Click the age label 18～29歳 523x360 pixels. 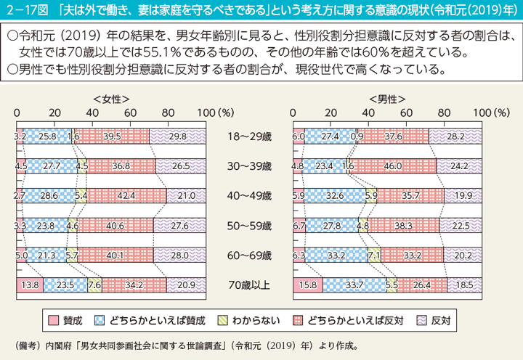[249, 136]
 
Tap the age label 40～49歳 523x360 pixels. [249, 195]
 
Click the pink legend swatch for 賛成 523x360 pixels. [54, 319]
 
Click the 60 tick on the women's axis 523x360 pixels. [130, 113]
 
